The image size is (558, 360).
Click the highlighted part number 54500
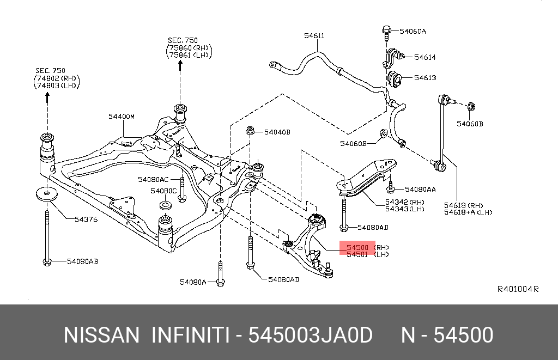coord(357,248)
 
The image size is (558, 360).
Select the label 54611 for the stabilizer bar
coord(314,36)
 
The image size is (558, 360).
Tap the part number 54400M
coord(121,117)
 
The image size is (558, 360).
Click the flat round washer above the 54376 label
coord(47,194)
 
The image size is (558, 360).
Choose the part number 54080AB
coord(82,262)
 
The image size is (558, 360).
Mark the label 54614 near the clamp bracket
coord(425,57)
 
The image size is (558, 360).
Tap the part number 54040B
coord(277,132)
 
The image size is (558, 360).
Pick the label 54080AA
coord(420,190)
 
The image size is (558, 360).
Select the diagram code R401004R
coord(518,289)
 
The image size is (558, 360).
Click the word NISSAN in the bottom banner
coord(101,335)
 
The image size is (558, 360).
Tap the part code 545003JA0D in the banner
coord(311,335)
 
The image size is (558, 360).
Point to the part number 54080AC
coord(154,179)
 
